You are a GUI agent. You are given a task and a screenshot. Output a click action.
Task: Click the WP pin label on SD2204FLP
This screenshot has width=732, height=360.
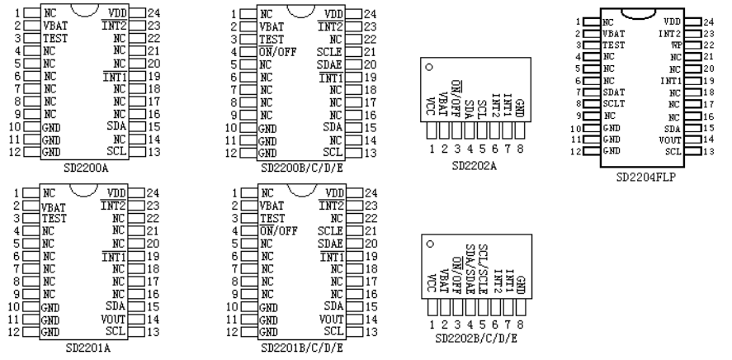677,44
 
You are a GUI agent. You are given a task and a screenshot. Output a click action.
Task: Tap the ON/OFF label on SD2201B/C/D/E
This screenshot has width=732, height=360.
279,231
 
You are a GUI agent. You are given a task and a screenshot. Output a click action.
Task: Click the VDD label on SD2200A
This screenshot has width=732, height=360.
116,15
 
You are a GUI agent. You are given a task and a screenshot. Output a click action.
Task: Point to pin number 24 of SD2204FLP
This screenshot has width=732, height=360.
706,20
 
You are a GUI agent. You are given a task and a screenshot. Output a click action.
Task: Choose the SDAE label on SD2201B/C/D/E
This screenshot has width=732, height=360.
329,244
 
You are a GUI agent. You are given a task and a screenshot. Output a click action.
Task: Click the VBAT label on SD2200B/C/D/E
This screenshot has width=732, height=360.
272,26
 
